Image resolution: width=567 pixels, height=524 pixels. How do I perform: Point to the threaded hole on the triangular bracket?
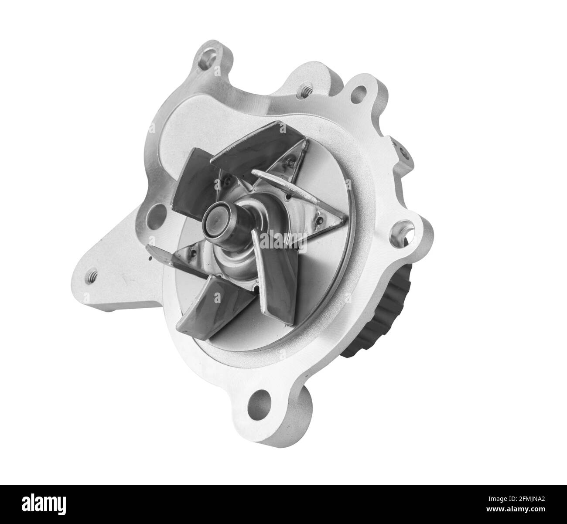point(93,276)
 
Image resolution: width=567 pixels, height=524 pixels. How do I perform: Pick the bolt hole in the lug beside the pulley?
point(401,230)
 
